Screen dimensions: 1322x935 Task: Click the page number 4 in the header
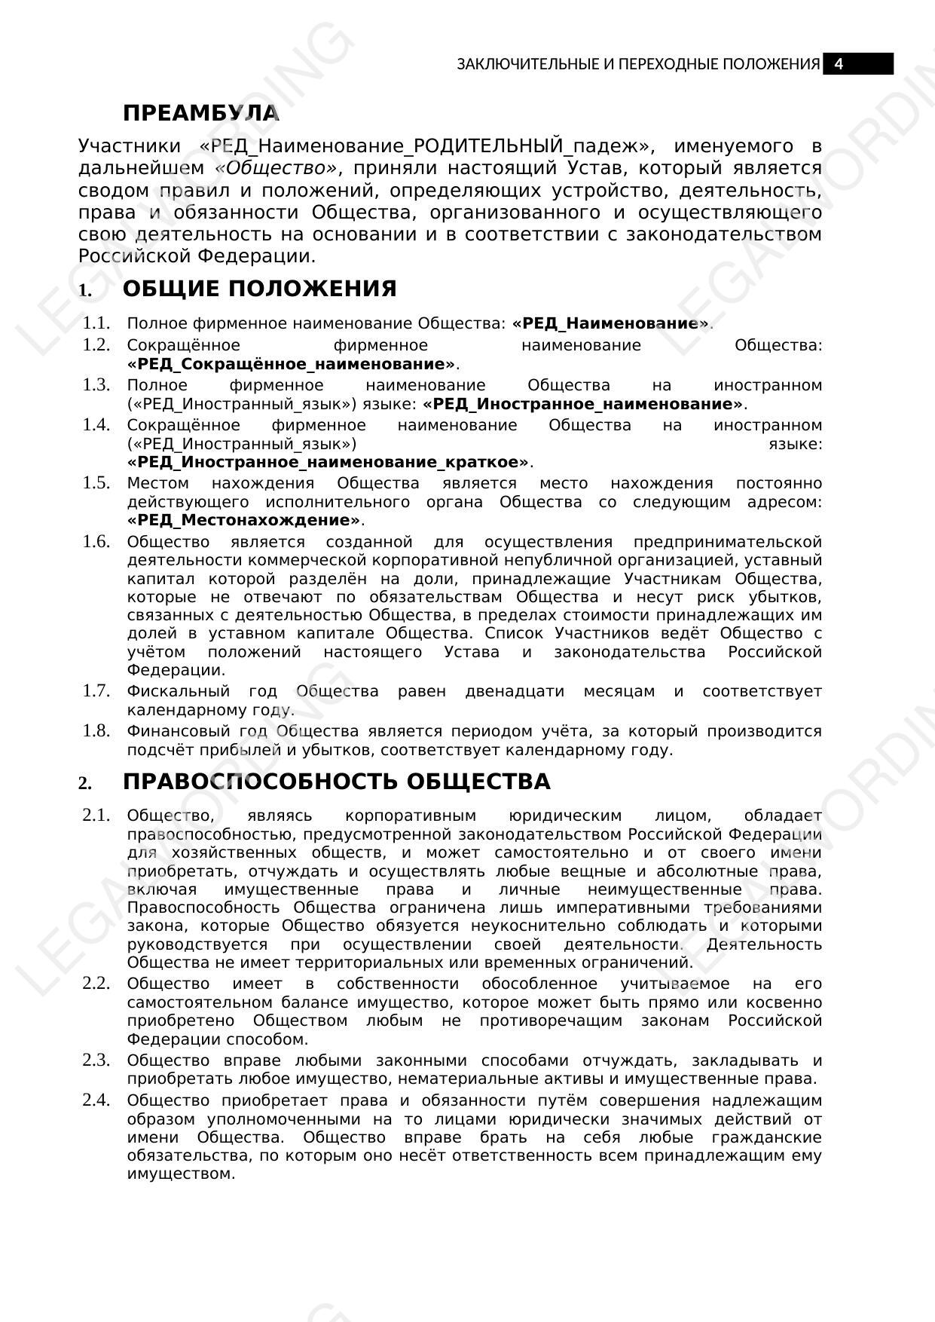(839, 64)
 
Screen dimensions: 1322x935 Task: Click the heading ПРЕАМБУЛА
(201, 114)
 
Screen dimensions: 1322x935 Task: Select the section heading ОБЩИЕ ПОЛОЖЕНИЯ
(259, 289)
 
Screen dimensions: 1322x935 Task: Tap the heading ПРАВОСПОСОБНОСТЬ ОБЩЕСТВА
(336, 782)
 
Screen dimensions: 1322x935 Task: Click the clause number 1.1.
(96, 323)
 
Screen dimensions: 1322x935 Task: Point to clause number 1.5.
(96, 483)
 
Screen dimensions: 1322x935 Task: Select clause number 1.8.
(96, 731)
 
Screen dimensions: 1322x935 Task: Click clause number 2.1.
(96, 816)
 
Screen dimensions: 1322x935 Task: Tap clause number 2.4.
(96, 1100)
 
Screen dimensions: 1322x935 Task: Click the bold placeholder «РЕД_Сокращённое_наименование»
(292, 365)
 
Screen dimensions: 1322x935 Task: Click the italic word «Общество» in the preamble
(276, 168)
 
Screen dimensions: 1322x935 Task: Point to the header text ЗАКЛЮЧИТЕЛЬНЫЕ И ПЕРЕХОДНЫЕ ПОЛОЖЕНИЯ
(637, 64)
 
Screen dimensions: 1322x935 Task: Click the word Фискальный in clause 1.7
(178, 691)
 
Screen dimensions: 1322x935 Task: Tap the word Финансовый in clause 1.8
(179, 731)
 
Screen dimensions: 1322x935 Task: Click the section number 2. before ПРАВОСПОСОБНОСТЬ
(84, 784)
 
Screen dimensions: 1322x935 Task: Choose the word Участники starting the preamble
(129, 146)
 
